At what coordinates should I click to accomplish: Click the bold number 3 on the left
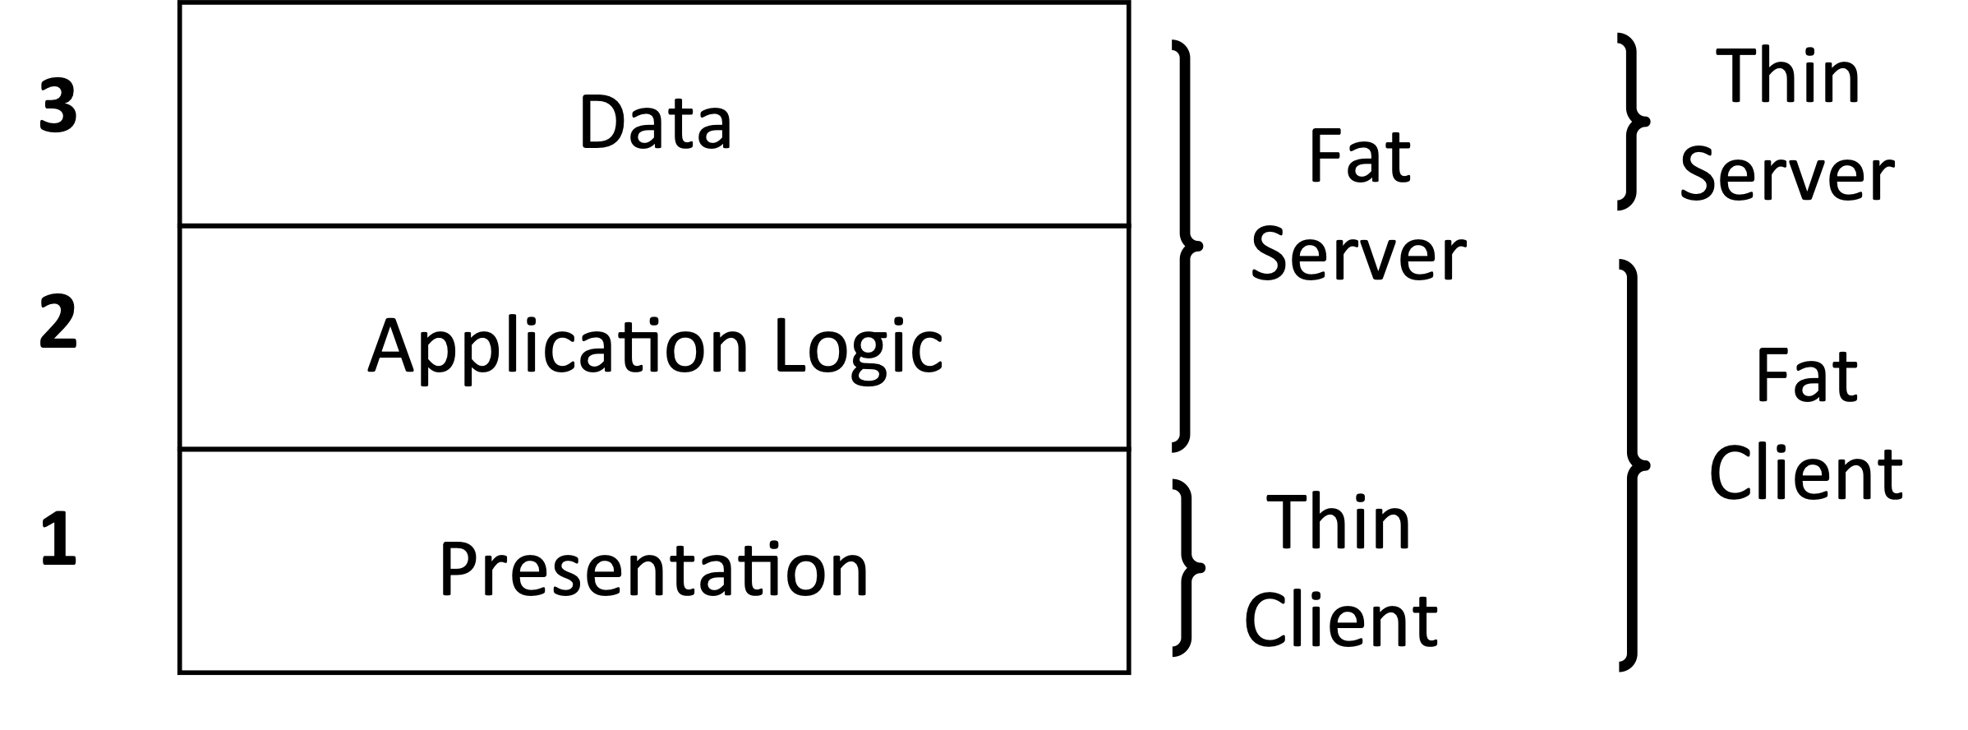coord(58,108)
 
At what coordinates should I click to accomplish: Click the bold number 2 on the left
coord(58,323)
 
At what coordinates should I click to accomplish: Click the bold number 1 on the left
coord(58,540)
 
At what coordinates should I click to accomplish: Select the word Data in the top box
coord(655,122)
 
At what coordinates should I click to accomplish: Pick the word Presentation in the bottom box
coord(653,571)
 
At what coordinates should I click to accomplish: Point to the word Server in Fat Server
coord(1358,255)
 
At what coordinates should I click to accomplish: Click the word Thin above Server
coord(1788,78)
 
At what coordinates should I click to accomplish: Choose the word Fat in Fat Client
coord(1806,377)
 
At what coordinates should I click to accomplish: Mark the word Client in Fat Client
coord(1805,474)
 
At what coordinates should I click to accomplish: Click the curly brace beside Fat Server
coord(1185,245)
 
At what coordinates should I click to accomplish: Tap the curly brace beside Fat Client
coord(1633,466)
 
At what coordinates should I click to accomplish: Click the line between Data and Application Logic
coord(654,225)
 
